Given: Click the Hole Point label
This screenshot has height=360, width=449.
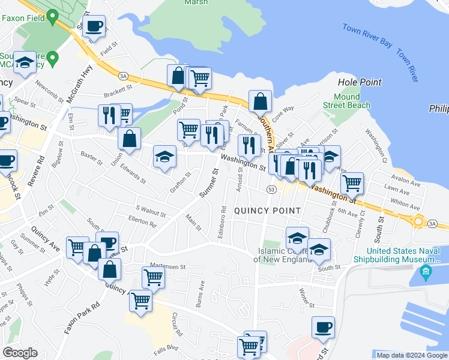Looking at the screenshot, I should [x=360, y=82].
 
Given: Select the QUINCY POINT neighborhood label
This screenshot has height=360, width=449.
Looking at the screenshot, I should [x=267, y=211].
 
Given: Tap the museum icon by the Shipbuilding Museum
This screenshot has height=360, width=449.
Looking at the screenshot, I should [x=426, y=272].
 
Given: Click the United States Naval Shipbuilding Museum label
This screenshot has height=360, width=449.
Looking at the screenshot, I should [x=403, y=255].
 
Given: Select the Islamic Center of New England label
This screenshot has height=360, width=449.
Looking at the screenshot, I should [x=281, y=255].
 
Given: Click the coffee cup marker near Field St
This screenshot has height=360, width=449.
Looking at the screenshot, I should [x=93, y=28].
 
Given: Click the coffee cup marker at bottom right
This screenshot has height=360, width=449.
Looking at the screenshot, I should [x=323, y=328].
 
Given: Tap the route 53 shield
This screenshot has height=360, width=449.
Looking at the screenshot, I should [x=272, y=190].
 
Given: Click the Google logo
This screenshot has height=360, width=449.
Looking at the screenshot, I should [x=20, y=352].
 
